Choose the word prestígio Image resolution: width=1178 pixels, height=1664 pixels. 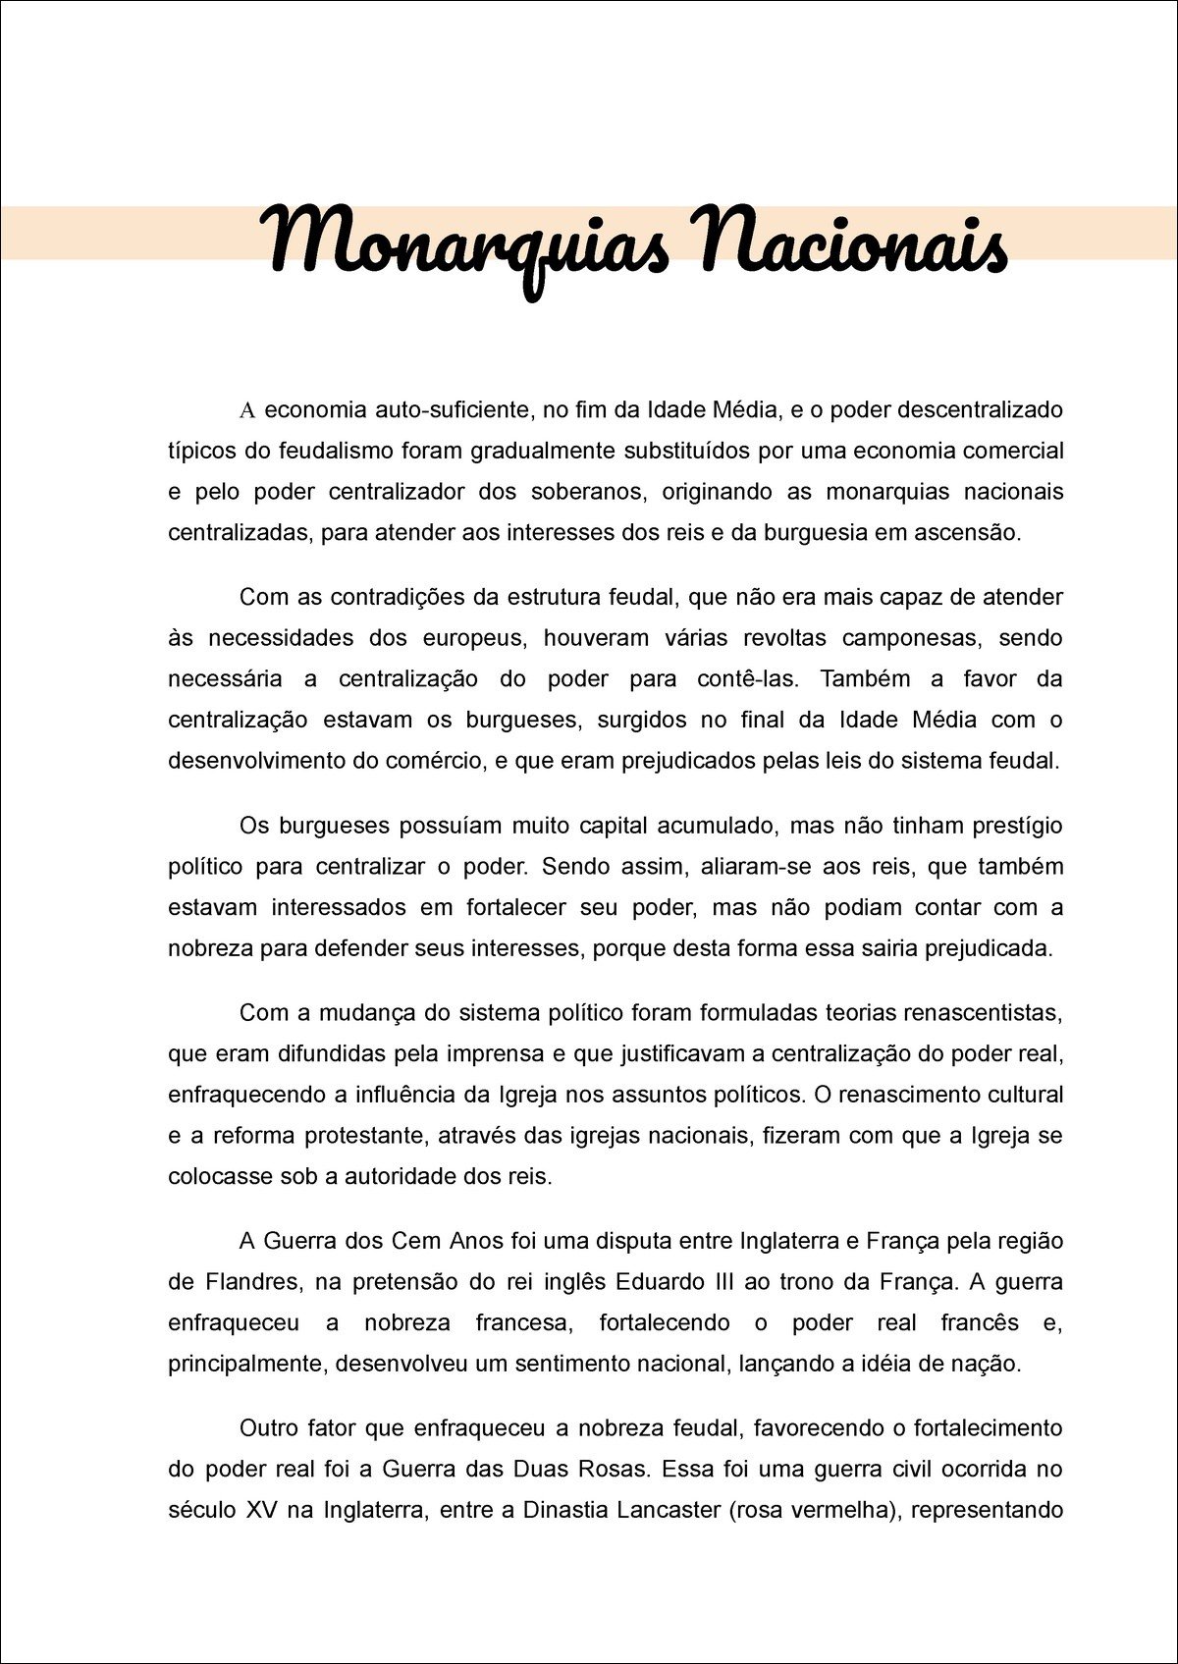pos(1016,826)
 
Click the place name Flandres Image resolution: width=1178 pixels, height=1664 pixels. pos(251,1282)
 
